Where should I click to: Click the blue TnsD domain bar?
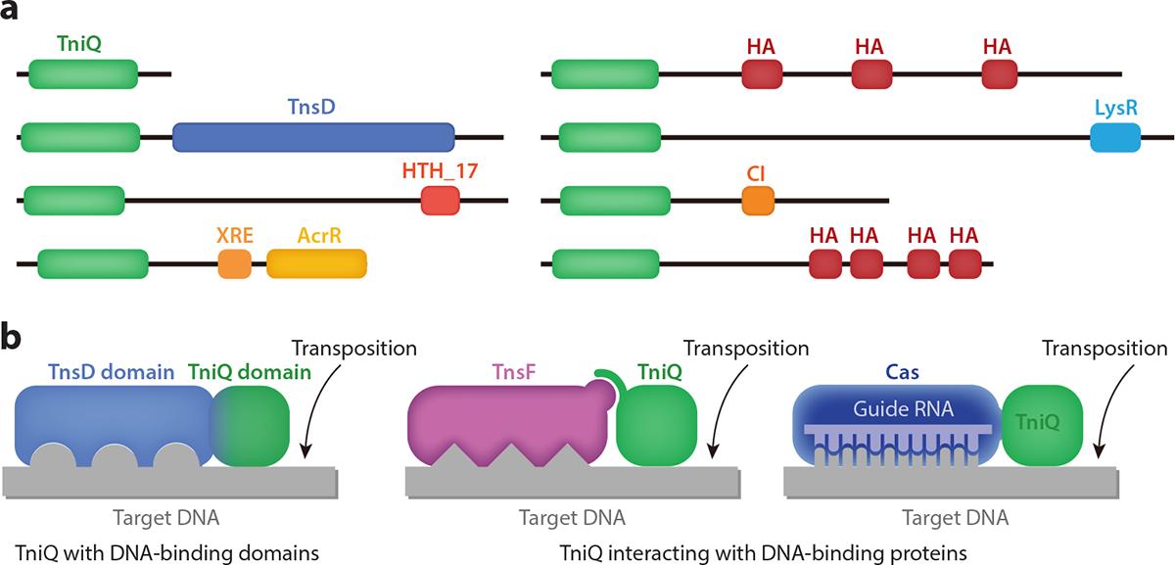pyautogui.click(x=313, y=137)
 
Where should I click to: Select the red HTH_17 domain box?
pyautogui.click(x=440, y=201)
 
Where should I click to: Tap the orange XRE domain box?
pyautogui.click(x=234, y=263)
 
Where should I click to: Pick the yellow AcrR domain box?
pyautogui.click(x=316, y=263)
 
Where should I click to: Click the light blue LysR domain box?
pyautogui.click(x=1115, y=137)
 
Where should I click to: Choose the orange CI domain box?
pyautogui.click(x=758, y=201)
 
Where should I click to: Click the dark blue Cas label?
pyautogui.click(x=895, y=372)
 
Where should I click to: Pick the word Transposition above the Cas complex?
pyautogui.click(x=1104, y=349)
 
